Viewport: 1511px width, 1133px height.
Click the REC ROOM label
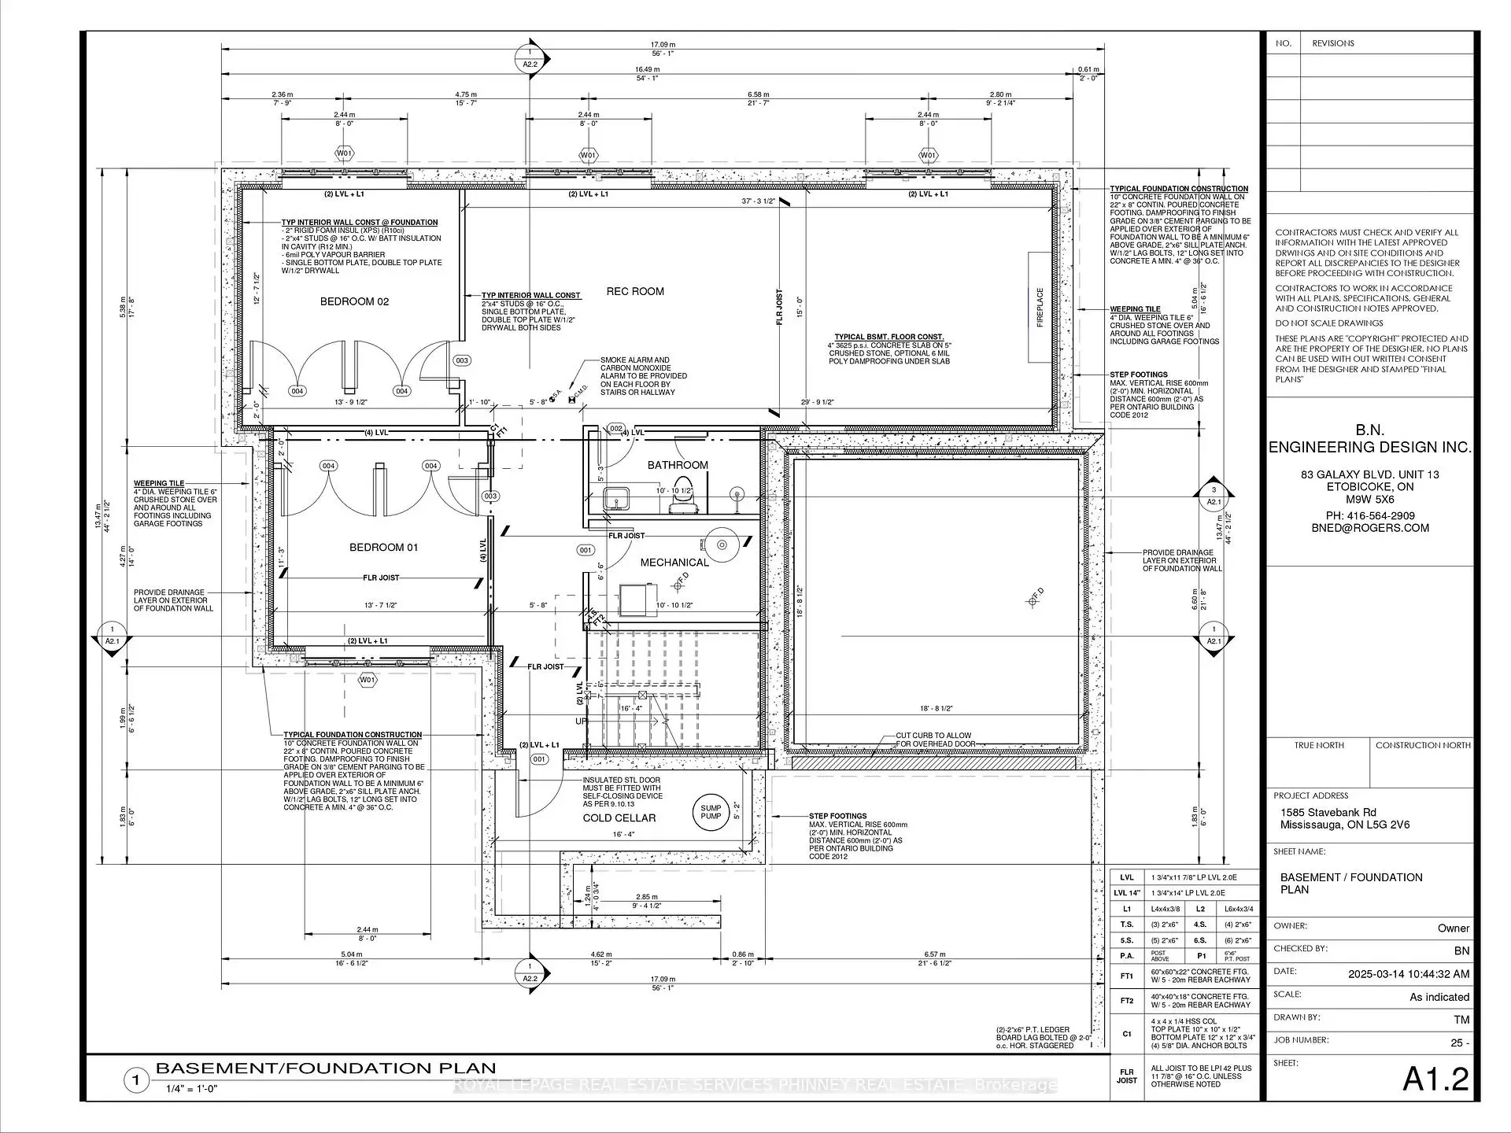coord(635,291)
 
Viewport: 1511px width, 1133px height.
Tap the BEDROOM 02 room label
coord(354,301)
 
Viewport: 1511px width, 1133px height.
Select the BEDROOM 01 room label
coord(383,547)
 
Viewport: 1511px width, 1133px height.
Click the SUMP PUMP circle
coord(711,811)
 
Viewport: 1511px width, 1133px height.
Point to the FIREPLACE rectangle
coord(1040,307)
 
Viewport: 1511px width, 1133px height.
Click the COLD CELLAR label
coord(619,817)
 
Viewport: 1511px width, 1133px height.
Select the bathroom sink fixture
coord(613,499)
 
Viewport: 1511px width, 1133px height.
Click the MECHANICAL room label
coord(674,562)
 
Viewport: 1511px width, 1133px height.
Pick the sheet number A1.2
coord(1435,1079)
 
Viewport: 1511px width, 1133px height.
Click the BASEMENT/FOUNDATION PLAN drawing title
coord(326,1068)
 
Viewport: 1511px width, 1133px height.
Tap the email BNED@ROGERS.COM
coord(1369,528)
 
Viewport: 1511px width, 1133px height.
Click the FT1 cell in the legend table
coord(1127,976)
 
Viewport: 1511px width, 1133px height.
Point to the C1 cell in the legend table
coord(1127,1033)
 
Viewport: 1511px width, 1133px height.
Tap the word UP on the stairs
coord(581,721)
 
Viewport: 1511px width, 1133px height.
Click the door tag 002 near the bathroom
coord(616,429)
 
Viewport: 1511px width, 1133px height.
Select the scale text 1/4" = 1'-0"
coord(191,1089)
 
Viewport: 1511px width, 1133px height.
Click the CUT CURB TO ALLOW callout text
coord(933,736)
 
